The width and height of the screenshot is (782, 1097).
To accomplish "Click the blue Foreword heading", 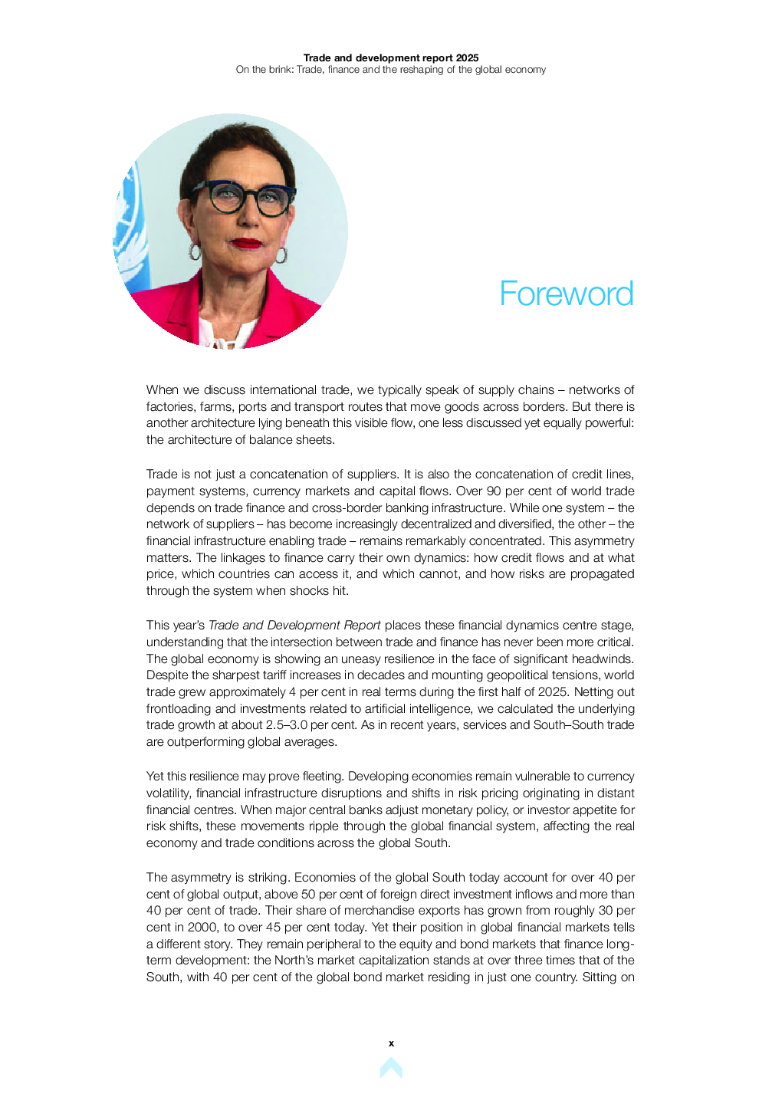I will (x=566, y=294).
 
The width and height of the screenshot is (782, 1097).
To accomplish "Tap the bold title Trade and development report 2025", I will (x=390, y=57).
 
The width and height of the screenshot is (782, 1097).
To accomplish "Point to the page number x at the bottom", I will (x=391, y=1043).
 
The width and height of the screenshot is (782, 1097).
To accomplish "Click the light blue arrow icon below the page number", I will (x=391, y=1067).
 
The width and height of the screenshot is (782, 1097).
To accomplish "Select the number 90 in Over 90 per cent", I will (x=494, y=491).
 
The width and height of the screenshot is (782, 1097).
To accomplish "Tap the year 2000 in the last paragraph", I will (x=202, y=928).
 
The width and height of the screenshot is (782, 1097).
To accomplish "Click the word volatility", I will (x=167, y=793).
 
